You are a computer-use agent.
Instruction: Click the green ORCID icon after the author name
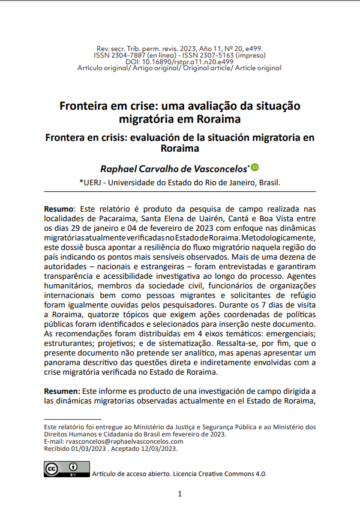click(x=255, y=167)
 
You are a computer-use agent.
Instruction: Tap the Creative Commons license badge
click(x=67, y=469)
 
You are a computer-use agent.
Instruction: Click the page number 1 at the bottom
click(x=179, y=494)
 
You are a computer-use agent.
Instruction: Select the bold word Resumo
click(x=59, y=208)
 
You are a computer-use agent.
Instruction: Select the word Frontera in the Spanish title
click(x=68, y=137)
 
